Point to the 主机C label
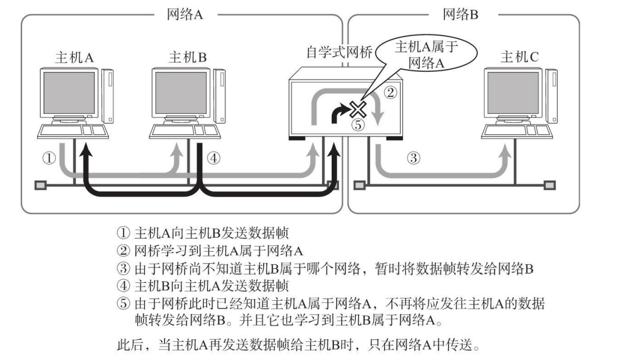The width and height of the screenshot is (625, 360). pos(519,57)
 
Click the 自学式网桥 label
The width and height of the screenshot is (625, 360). pos(339,54)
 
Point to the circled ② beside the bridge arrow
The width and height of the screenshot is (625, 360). pos(390,93)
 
